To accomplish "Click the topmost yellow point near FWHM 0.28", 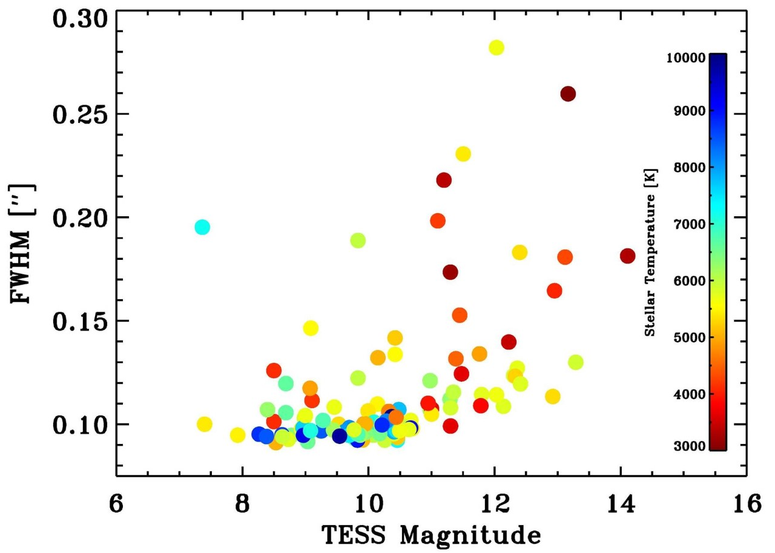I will point(496,48).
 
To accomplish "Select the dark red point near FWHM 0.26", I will point(568,94).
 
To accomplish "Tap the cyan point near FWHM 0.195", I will point(202,227).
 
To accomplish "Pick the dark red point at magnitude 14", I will point(627,256).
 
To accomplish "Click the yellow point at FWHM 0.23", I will point(463,154).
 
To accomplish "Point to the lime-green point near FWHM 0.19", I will point(358,240).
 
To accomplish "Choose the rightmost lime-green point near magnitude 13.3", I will point(576,362).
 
